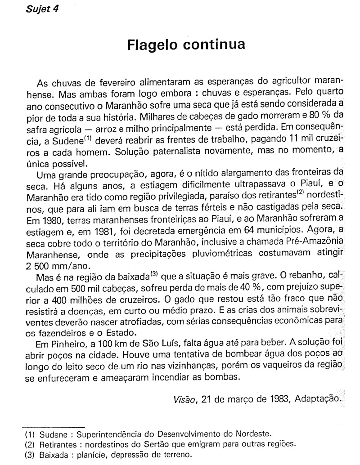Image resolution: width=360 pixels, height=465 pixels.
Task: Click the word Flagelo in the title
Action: pyautogui.click(x=152, y=46)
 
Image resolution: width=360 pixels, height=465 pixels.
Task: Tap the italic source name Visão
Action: pyautogui.click(x=184, y=399)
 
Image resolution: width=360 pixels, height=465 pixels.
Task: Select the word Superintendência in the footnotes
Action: pyautogui.click(x=109, y=434)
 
